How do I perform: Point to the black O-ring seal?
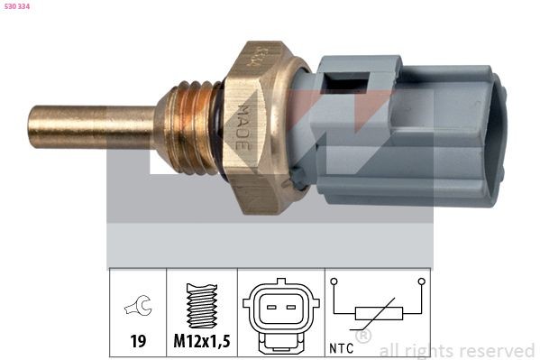(x=216, y=126)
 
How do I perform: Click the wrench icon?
(x=137, y=308)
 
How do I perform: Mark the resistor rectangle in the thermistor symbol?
(x=377, y=313)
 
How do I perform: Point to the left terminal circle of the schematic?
(x=334, y=282)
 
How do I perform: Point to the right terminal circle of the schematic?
(x=420, y=282)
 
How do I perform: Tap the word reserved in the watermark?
(x=497, y=350)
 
